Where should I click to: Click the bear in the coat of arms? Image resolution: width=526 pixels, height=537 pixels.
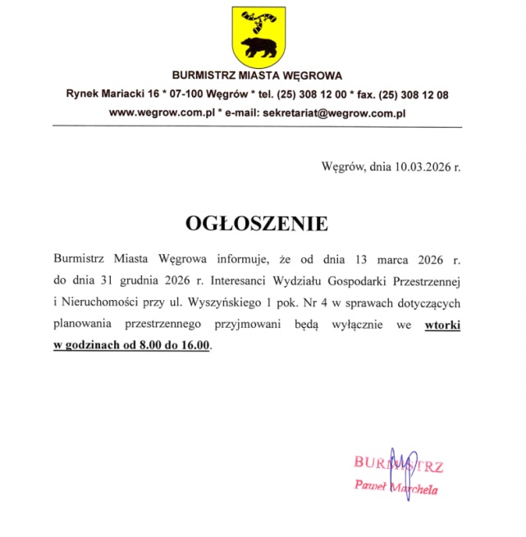(x=257, y=47)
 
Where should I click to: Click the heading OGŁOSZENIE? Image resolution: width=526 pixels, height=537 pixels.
(x=257, y=223)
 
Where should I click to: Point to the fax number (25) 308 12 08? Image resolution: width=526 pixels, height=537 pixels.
(x=409, y=94)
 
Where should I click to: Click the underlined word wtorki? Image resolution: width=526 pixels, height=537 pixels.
(x=442, y=325)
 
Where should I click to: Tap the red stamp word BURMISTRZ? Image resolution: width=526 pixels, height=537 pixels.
(x=399, y=466)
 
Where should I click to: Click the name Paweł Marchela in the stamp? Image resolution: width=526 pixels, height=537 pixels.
(x=396, y=488)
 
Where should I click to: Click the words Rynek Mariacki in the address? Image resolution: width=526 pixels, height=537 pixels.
(x=102, y=94)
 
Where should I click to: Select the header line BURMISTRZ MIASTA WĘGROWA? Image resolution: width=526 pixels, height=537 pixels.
(x=257, y=76)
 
